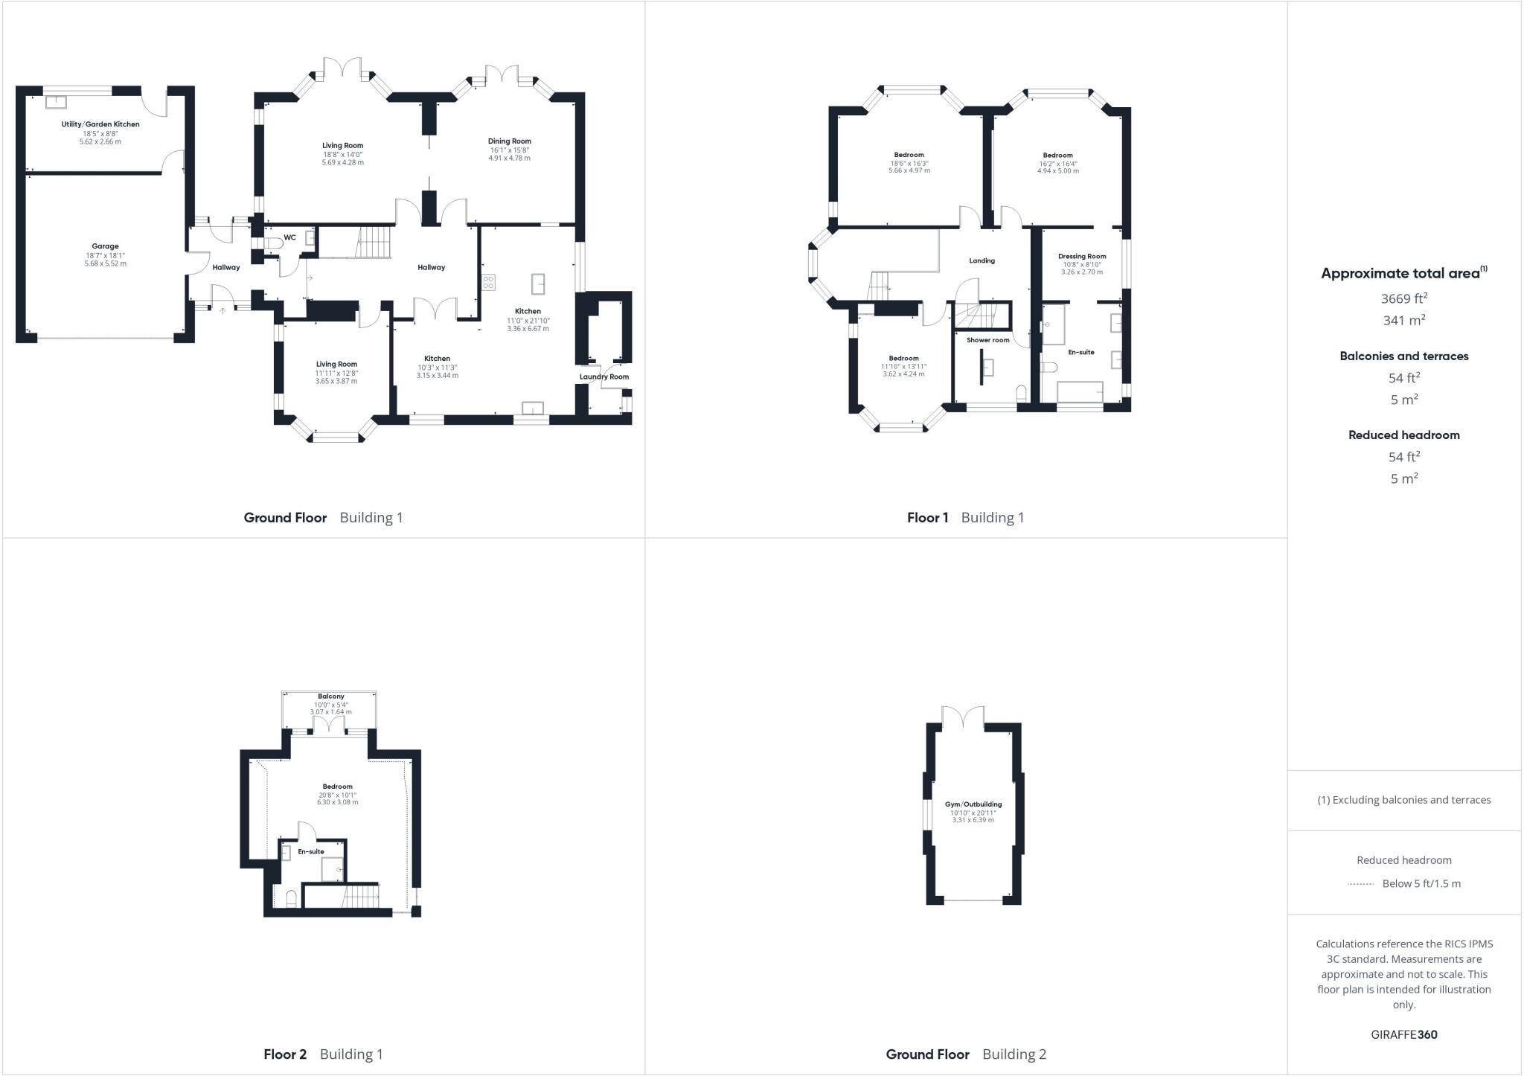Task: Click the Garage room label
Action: click(105, 246)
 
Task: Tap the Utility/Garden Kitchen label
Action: click(100, 124)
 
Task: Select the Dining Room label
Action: click(510, 141)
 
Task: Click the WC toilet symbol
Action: click(273, 243)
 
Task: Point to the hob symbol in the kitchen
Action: click(489, 282)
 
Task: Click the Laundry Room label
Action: click(604, 377)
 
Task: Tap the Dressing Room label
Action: click(1082, 256)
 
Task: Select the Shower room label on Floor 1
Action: click(988, 340)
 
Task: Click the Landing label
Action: click(982, 260)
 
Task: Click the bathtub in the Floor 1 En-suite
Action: click(1080, 392)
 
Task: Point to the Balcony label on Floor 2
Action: click(331, 696)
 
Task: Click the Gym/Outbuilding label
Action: click(973, 804)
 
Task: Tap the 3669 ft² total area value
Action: click(1403, 298)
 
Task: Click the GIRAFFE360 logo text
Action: click(1403, 1034)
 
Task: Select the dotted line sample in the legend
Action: click(1360, 884)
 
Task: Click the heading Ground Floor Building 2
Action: click(966, 1054)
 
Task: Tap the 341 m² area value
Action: click(1403, 320)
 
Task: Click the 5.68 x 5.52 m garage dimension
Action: click(105, 263)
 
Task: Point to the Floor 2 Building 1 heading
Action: click(323, 1054)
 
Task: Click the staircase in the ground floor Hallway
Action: click(374, 243)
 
